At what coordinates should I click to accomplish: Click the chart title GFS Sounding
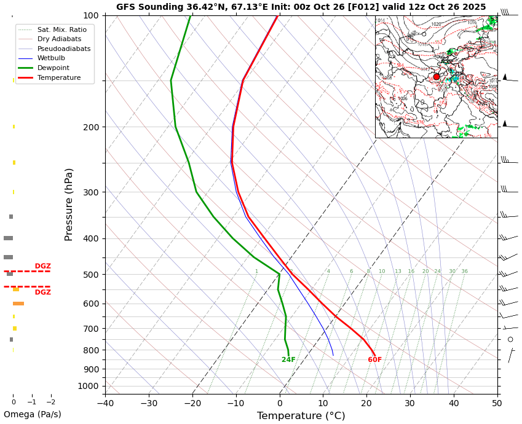point(301,7)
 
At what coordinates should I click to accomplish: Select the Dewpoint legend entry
point(53,68)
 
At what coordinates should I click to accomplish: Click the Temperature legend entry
point(58,77)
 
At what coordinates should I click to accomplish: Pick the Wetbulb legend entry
point(51,58)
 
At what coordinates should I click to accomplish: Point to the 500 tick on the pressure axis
point(91,275)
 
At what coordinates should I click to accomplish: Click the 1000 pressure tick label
point(89,386)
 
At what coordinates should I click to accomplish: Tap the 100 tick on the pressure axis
point(91,15)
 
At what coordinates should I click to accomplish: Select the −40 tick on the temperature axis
point(105,404)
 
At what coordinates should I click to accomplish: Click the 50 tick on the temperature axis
point(497,404)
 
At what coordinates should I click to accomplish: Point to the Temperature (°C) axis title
point(301,416)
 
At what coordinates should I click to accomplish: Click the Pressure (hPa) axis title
point(69,204)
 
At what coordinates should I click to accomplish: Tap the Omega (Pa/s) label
point(32,415)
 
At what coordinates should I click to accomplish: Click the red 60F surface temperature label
point(374,360)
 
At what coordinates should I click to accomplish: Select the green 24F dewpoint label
point(288,360)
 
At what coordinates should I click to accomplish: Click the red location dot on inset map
point(437,77)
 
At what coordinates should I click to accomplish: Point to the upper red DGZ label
point(42,266)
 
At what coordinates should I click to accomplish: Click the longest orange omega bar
point(18,304)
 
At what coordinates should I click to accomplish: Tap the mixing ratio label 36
point(464,272)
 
